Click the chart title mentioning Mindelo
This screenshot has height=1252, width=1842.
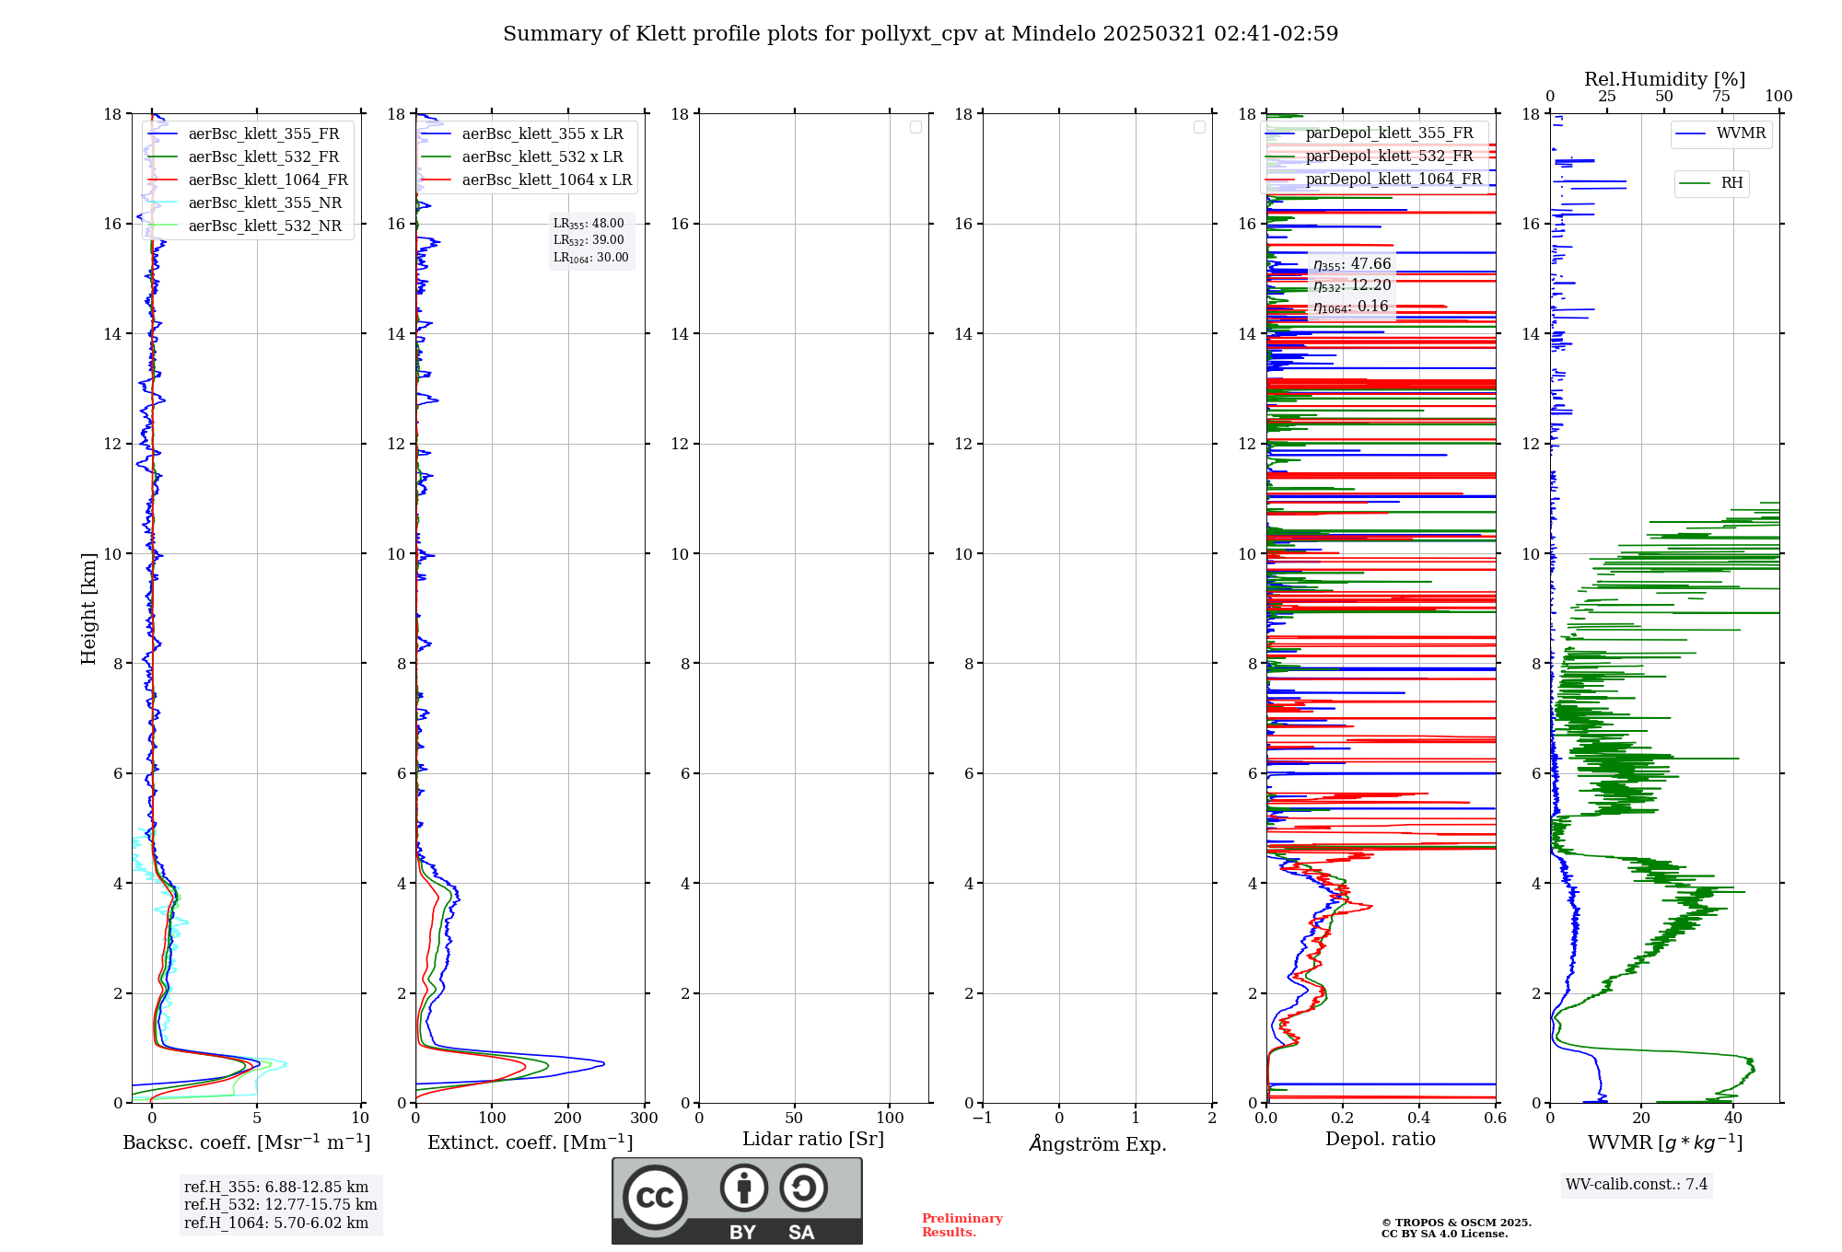[x=920, y=34]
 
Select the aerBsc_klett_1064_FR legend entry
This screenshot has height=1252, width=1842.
[x=268, y=180]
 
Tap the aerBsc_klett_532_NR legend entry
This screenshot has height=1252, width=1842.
[x=264, y=226]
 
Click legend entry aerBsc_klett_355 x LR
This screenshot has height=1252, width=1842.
[x=542, y=134]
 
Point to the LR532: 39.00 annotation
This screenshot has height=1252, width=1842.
[x=589, y=240]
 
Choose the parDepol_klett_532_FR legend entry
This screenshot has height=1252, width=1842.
[x=1389, y=156]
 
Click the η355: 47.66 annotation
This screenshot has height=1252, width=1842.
[x=1352, y=264]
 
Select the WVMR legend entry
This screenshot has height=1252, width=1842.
[x=1741, y=133]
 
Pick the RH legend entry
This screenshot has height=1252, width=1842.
[x=1731, y=183]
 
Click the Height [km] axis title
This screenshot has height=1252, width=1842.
[x=88, y=609]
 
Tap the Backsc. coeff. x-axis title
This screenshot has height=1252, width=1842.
[x=247, y=1142]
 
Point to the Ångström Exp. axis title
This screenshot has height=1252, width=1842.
[x=1098, y=1144]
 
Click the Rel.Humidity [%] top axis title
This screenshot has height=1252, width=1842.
[x=1664, y=79]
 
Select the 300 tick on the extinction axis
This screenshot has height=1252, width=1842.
[x=645, y=1119]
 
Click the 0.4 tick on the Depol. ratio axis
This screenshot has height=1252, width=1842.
[x=1419, y=1119]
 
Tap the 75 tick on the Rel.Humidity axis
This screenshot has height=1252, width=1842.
[x=1720, y=97]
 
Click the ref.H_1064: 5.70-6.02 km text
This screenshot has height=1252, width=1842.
[x=276, y=1223]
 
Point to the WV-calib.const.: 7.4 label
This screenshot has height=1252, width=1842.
[x=1637, y=1185]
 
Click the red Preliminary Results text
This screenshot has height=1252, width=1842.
[x=962, y=1225]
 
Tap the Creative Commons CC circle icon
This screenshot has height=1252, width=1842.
[x=655, y=1197]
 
